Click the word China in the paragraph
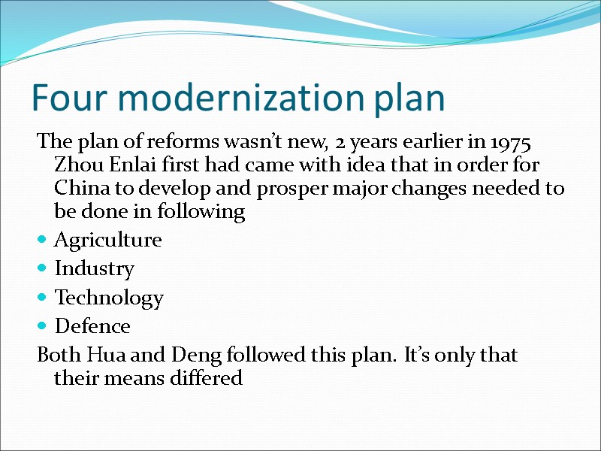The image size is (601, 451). [80, 188]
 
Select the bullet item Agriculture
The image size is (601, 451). [107, 241]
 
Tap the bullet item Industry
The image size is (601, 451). [94, 269]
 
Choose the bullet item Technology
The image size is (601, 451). [108, 298]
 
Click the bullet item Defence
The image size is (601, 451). [92, 327]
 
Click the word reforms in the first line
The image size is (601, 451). [177, 141]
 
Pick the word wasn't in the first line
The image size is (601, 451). [241, 141]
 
